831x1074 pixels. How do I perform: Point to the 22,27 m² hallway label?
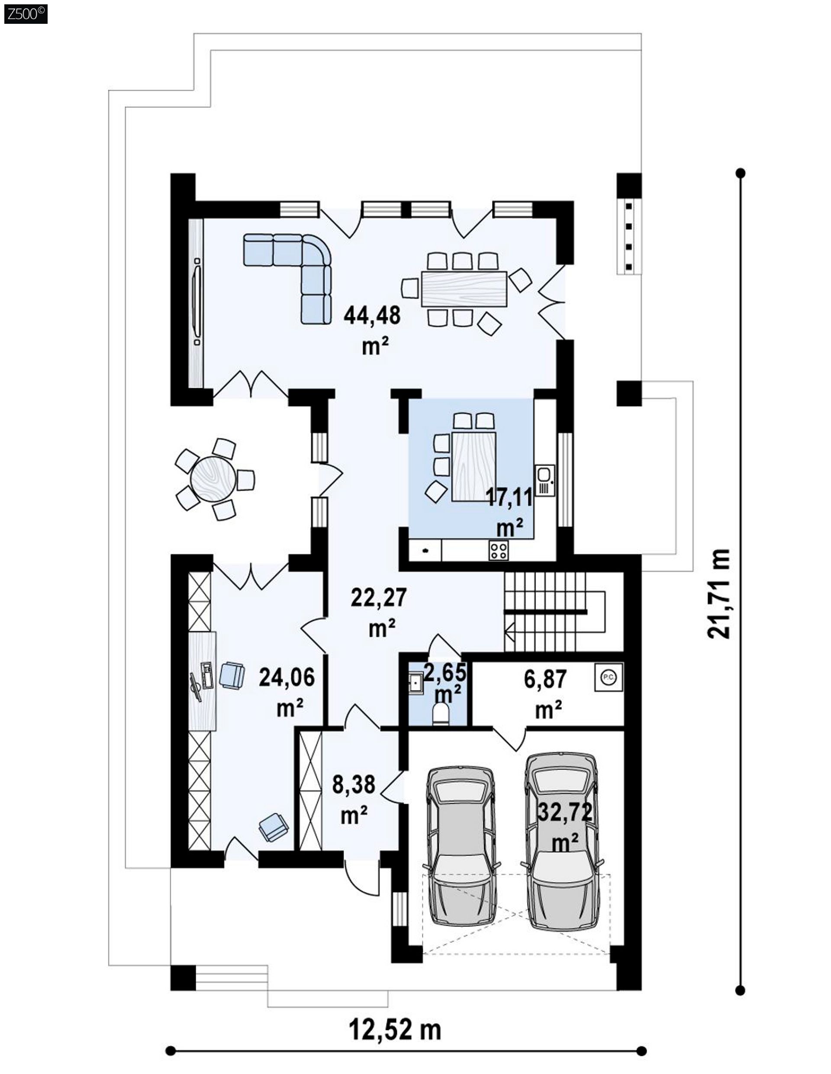pos(379,612)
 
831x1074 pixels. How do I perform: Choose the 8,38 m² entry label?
pos(354,799)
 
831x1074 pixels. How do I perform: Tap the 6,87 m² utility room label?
pos(545,693)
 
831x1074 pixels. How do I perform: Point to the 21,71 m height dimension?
pos(718,594)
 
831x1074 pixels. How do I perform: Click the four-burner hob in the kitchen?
pos(499,550)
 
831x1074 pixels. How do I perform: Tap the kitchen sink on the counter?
pos(544,480)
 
